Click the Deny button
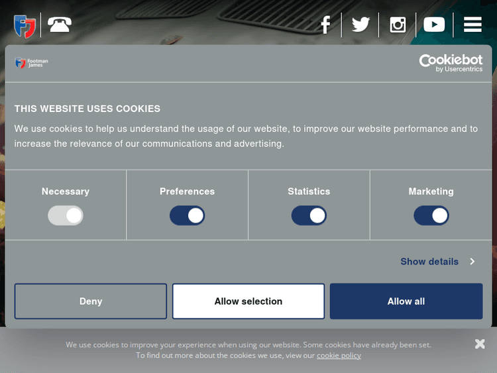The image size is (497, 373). (x=90, y=301)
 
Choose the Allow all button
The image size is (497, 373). (x=406, y=301)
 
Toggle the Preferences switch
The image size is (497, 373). (x=187, y=215)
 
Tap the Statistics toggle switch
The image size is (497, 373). (x=309, y=215)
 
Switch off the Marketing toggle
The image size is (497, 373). (x=431, y=215)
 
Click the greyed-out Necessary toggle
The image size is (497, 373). (x=66, y=215)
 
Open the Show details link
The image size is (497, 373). (x=438, y=262)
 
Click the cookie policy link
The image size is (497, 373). (x=339, y=355)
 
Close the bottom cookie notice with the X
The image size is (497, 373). (x=480, y=344)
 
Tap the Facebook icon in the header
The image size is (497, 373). (x=325, y=25)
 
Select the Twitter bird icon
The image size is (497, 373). (x=360, y=25)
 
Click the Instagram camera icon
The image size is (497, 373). (x=398, y=25)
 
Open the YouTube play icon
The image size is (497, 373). (x=434, y=25)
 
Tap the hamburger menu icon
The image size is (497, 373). (x=472, y=25)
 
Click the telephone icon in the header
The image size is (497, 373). (x=60, y=25)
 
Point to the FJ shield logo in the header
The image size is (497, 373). (x=25, y=27)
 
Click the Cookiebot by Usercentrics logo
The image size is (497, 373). (x=451, y=63)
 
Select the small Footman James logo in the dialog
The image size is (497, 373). (x=31, y=63)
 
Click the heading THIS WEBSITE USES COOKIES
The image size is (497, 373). (x=87, y=109)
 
